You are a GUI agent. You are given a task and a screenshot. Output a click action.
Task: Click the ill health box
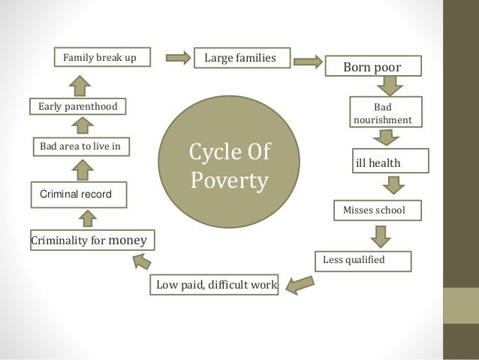(390, 162)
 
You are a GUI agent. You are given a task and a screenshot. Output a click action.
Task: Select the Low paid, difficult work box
(216, 285)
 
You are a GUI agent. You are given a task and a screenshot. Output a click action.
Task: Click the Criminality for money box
(92, 241)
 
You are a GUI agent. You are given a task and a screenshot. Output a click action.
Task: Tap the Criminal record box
(77, 195)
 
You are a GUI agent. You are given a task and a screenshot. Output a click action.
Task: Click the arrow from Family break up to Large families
(178, 58)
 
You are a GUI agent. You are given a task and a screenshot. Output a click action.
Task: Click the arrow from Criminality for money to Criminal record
(87, 218)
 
